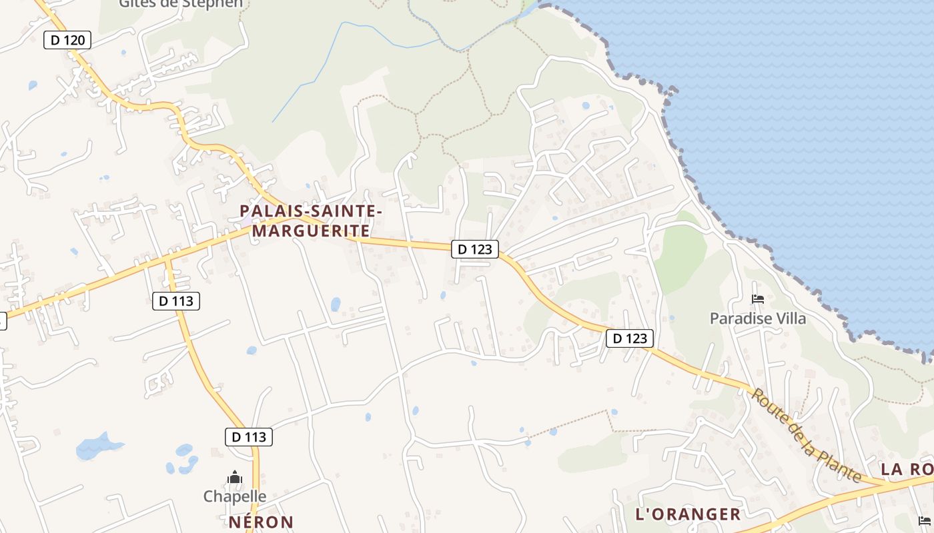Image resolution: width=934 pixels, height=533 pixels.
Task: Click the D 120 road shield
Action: (x=67, y=40)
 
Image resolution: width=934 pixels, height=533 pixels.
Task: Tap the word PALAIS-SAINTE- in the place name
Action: (x=311, y=211)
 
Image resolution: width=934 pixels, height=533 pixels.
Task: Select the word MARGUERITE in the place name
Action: (x=311, y=231)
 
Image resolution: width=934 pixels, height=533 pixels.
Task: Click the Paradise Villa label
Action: (x=757, y=318)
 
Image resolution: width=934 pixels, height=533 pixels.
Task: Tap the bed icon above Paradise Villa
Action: (x=757, y=298)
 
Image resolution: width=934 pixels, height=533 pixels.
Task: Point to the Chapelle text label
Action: (x=235, y=496)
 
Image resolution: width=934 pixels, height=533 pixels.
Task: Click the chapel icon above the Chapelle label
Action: (x=235, y=477)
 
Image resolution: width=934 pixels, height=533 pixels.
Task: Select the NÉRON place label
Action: (x=261, y=522)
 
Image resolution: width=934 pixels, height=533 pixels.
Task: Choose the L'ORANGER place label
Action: (x=688, y=514)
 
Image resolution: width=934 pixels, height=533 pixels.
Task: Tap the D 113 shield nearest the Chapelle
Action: (x=249, y=437)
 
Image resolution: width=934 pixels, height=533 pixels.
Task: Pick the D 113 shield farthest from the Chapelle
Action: (x=176, y=301)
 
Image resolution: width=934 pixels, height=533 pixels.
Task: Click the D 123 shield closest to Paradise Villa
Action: (x=630, y=338)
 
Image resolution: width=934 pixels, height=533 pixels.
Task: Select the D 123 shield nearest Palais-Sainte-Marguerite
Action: (x=475, y=249)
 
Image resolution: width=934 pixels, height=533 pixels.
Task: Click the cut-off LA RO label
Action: (x=907, y=469)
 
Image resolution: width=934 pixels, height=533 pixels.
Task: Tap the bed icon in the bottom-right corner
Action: (x=924, y=520)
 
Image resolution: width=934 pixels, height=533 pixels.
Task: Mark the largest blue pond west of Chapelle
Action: (x=97, y=446)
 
